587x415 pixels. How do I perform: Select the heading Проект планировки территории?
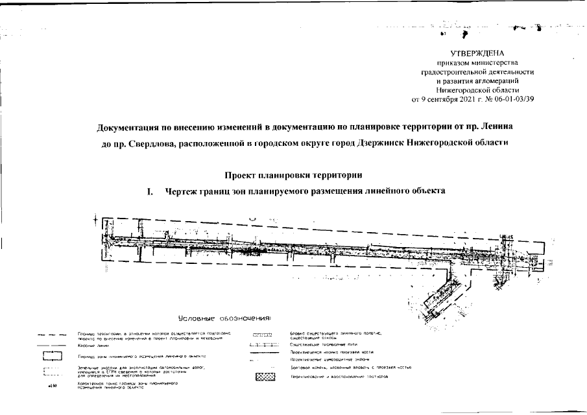(x=293, y=175)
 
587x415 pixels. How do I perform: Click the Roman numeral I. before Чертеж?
(x=150, y=191)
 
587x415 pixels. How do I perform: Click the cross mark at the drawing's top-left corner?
(x=96, y=220)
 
